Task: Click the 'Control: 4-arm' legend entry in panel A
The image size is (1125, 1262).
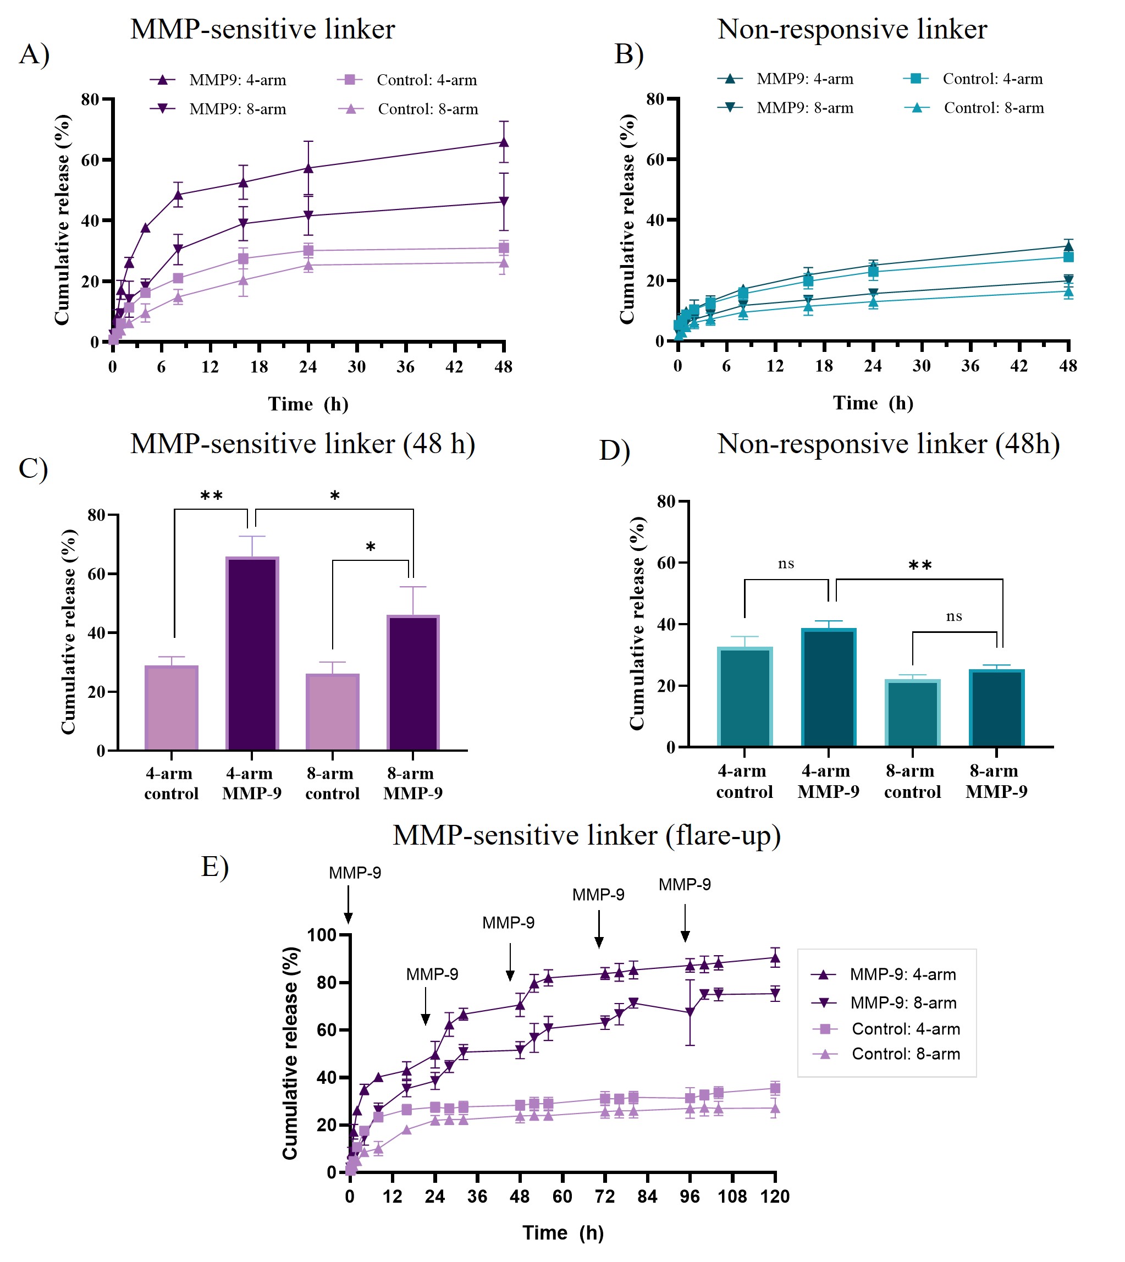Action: point(408,80)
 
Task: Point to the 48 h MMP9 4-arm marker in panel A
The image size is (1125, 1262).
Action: point(504,142)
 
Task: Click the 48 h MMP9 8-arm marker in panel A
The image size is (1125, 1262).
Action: point(504,201)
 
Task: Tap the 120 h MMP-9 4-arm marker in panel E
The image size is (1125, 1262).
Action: point(775,958)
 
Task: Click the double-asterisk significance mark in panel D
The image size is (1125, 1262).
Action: point(920,565)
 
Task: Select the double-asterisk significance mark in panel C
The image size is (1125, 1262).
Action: point(211,496)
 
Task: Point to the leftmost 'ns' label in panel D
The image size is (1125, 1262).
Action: point(786,563)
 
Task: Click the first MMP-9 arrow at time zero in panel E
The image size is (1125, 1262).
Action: point(349,904)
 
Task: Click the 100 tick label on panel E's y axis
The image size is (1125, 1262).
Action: point(322,935)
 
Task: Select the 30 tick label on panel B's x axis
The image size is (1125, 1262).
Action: point(921,366)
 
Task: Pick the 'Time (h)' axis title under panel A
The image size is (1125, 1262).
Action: point(308,404)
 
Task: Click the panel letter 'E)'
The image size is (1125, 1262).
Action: point(214,867)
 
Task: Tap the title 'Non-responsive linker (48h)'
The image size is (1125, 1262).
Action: point(888,444)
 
